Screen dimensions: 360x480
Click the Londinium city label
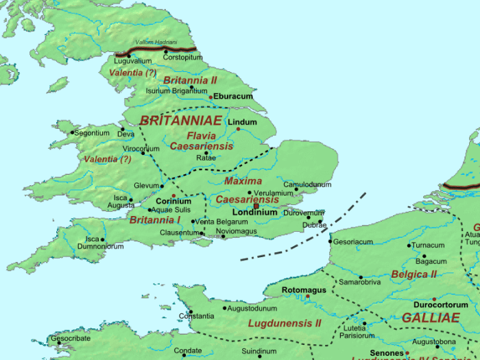[x=255, y=213]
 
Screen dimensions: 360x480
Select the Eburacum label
[x=233, y=97]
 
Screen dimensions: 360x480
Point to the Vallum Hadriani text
[x=157, y=43]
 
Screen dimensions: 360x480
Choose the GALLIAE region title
[x=431, y=318]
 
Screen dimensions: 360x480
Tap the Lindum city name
[x=242, y=123]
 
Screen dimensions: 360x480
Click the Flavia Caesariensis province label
[x=201, y=141]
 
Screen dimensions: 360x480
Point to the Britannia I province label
[x=155, y=220]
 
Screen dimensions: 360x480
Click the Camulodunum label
[x=308, y=185]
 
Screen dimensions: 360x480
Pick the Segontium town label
[x=92, y=133]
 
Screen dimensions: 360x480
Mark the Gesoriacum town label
[x=354, y=242]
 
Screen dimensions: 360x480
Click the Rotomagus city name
[x=304, y=290]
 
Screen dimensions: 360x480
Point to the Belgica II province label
[x=413, y=274]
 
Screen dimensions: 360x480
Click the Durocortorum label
[x=436, y=304]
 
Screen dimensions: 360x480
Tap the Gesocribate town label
[x=70, y=339]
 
